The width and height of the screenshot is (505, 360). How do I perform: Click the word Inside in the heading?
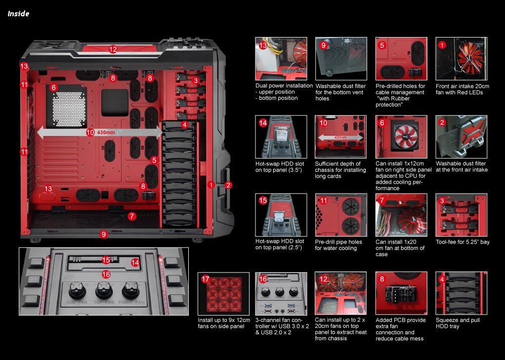click(x=18, y=13)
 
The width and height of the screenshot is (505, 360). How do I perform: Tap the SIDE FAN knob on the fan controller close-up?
click(x=77, y=291)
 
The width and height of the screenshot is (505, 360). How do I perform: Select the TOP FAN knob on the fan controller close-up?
click(x=104, y=291)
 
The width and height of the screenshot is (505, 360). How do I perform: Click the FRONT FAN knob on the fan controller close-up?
click(x=130, y=291)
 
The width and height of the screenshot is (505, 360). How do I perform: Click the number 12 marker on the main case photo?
click(x=113, y=49)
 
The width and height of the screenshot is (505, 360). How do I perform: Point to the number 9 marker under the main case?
click(x=103, y=235)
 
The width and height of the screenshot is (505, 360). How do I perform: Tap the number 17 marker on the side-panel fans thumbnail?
click(x=206, y=279)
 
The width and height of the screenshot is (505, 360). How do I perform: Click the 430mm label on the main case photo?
click(x=106, y=132)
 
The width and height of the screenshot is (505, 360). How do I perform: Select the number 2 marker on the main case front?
click(x=228, y=185)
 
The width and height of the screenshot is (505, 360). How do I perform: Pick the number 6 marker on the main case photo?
click(x=53, y=87)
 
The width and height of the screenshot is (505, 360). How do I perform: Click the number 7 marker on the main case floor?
click(x=131, y=216)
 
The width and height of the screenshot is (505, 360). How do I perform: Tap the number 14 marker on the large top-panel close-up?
click(x=135, y=263)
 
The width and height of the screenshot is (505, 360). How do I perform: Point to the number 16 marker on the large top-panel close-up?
click(x=106, y=275)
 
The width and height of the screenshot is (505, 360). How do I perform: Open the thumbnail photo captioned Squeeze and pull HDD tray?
click(x=461, y=293)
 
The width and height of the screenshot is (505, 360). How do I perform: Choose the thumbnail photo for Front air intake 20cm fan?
click(x=461, y=59)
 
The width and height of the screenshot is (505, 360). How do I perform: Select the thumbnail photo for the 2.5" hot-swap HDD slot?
click(x=281, y=215)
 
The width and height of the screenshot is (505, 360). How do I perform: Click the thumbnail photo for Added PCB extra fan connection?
click(x=401, y=293)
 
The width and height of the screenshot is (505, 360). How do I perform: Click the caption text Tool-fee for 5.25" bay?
click(x=463, y=242)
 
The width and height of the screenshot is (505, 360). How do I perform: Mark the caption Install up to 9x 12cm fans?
click(x=224, y=323)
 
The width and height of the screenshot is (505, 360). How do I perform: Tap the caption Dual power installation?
click(x=284, y=85)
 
